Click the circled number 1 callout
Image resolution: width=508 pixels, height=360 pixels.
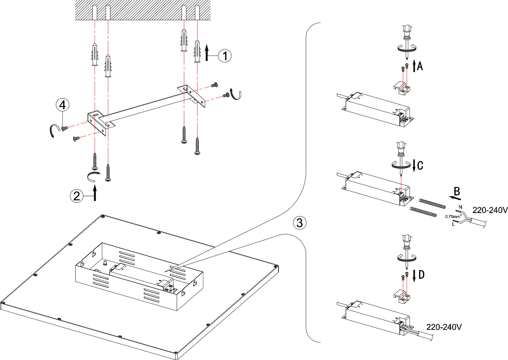[x=225, y=56]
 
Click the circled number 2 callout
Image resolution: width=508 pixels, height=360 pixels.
[x=77, y=196]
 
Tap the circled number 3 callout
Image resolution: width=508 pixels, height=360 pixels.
[x=300, y=223]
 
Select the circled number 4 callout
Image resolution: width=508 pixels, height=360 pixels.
[x=63, y=104]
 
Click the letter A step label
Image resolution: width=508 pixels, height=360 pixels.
[x=420, y=66]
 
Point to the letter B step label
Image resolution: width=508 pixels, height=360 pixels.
[x=457, y=191]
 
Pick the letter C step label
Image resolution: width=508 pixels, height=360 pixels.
[x=420, y=165]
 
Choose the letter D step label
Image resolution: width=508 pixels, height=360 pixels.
[x=421, y=275]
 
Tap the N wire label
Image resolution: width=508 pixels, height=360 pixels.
[x=461, y=207]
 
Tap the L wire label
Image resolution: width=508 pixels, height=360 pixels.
[x=453, y=224]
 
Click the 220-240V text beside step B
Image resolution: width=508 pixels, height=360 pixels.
[x=490, y=210]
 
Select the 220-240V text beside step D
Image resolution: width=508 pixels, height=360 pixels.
[x=444, y=327]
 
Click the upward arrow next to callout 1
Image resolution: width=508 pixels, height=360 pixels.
[x=207, y=52]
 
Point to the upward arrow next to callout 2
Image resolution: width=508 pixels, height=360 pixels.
[x=95, y=193]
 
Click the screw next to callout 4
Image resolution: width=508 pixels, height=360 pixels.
[x=65, y=128]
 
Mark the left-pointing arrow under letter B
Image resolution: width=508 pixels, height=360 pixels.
[x=455, y=198]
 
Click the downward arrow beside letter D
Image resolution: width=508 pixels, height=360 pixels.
[x=414, y=276]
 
